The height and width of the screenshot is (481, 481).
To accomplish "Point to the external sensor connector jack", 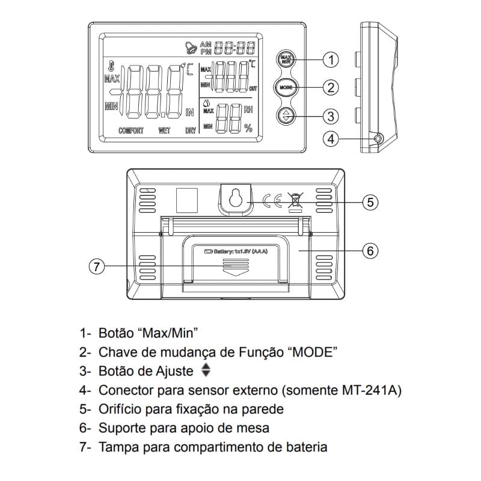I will click(x=378, y=139).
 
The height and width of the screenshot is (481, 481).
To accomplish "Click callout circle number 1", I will click(x=330, y=60).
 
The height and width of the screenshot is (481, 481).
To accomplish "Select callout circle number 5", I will click(x=371, y=202).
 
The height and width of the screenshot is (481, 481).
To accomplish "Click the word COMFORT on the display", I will click(x=130, y=130).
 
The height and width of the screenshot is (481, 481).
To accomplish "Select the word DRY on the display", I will click(x=190, y=130).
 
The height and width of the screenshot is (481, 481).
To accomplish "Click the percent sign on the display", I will click(x=248, y=127).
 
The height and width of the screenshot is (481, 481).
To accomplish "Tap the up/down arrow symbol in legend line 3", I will click(x=207, y=370).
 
